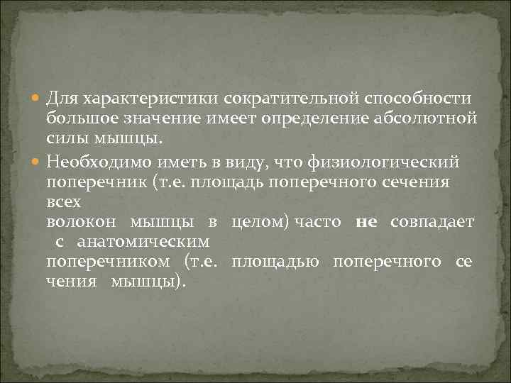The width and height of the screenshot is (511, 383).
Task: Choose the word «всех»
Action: (63, 201)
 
